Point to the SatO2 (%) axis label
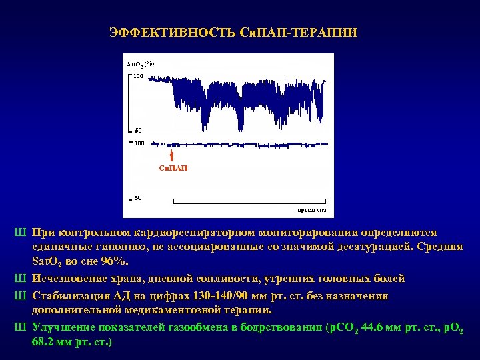pyautogui.click(x=141, y=64)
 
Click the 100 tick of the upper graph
pyautogui.click(x=138, y=77)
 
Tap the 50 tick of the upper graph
pyautogui.click(x=138, y=129)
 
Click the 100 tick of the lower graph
pyautogui.click(x=139, y=143)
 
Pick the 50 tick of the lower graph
pyautogui.click(x=138, y=198)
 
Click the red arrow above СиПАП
pyautogui.click(x=172, y=155)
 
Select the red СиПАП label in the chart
pyautogui.click(x=173, y=168)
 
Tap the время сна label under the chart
pyautogui.click(x=311, y=209)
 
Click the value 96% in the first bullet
pyautogui.click(x=117, y=263)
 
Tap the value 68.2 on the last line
pyautogui.click(x=43, y=342)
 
